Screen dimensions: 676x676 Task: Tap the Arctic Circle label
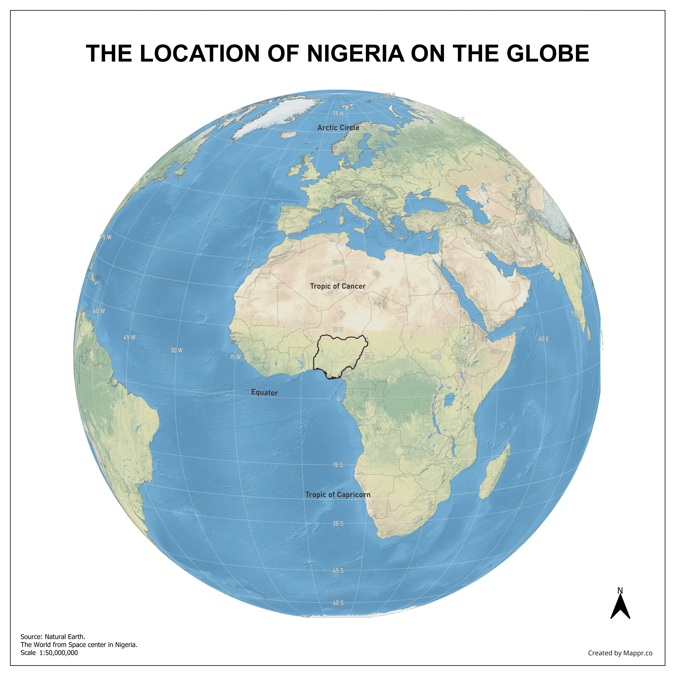(338, 128)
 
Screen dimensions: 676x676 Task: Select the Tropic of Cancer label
(338, 286)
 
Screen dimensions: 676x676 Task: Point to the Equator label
(264, 393)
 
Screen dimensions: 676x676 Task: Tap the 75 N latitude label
(338, 114)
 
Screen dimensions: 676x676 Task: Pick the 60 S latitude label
(338, 603)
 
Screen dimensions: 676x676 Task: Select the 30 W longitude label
(176, 350)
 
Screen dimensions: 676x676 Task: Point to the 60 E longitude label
(544, 339)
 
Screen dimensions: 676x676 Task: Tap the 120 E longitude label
(389, 95)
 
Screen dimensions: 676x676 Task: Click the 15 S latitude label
(338, 465)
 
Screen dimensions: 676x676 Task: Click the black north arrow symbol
(620, 609)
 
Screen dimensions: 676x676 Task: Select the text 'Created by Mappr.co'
(620, 653)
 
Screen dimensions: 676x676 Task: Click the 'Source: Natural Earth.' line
(53, 637)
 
